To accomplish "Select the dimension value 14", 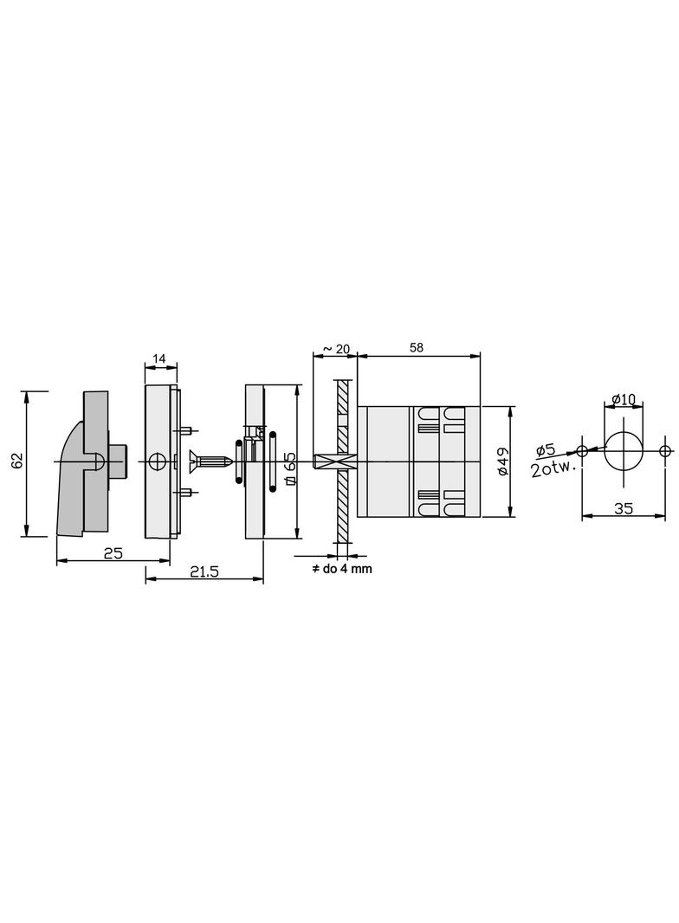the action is [159, 358].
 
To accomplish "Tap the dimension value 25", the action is [113, 552].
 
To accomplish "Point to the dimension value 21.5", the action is [204, 571].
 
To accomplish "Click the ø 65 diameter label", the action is [289, 468].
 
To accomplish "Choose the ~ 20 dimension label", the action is [337, 349].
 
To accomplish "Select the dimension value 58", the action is [417, 348].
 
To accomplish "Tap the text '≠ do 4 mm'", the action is [341, 569].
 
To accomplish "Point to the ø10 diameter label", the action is [624, 399].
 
